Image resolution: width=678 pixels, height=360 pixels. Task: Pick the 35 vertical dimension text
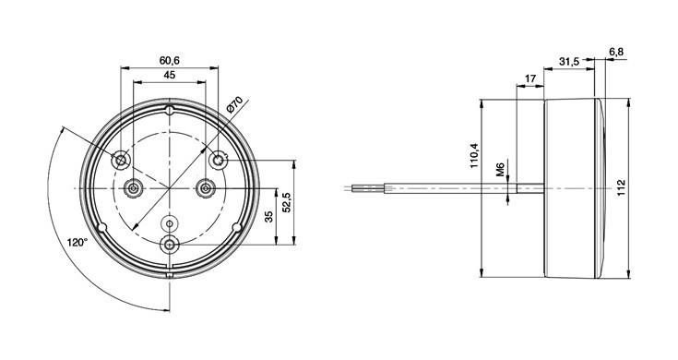click(x=268, y=217)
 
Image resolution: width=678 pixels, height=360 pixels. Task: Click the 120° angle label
click(x=77, y=243)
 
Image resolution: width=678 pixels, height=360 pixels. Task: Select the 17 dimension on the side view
click(x=529, y=78)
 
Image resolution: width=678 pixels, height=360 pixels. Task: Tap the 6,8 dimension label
click(x=616, y=52)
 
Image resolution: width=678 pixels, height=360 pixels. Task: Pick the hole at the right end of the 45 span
click(x=206, y=188)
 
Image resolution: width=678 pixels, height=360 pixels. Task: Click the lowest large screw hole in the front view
click(x=170, y=244)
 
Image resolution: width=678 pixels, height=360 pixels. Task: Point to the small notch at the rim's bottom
click(x=170, y=275)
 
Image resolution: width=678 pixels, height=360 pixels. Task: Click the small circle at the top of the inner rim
click(x=170, y=110)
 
